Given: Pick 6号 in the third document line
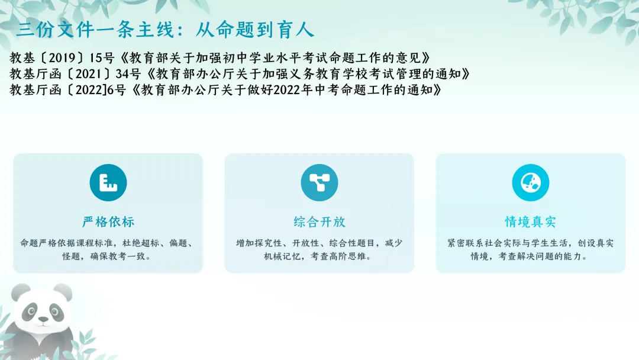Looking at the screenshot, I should [x=117, y=90].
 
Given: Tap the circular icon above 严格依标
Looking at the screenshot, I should [x=108, y=182].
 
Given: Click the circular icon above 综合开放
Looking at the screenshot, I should [x=319, y=182].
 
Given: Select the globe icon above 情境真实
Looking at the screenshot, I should [x=531, y=182].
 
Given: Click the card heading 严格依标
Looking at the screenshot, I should [x=108, y=222].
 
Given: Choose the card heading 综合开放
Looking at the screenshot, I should [x=319, y=222].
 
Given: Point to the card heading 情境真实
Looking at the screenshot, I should [x=531, y=222].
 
